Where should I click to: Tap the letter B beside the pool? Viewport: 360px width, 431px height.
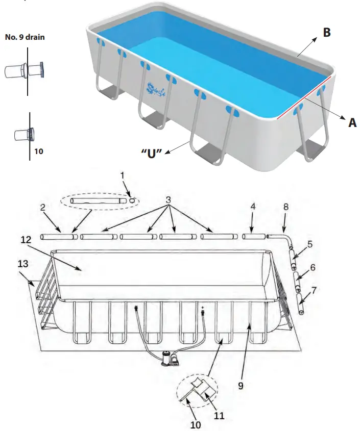(326, 33)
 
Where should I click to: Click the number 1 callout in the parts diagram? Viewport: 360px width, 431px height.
(123, 176)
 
